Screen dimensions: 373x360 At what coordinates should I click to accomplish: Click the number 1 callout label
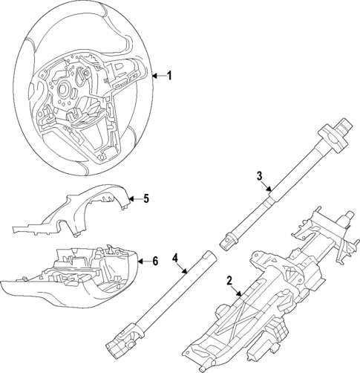[169, 76]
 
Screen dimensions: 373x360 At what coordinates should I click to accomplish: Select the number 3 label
[260, 176]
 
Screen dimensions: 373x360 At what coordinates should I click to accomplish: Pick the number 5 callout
[146, 198]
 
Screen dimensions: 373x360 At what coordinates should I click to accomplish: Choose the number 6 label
[155, 261]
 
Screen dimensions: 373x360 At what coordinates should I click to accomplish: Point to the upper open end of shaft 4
[210, 256]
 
